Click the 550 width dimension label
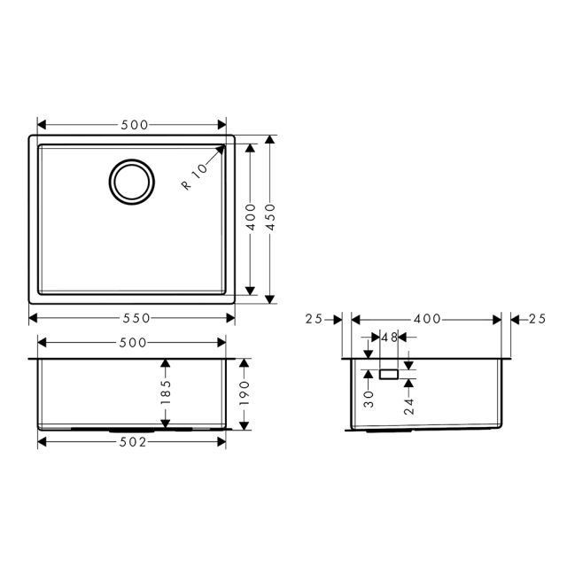[x=136, y=318]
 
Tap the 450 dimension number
[x=270, y=217]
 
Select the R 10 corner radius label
[x=195, y=176]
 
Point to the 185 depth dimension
[x=166, y=392]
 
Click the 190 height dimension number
[x=245, y=393]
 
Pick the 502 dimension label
[x=133, y=442]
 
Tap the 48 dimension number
[x=389, y=338]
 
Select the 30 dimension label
[x=369, y=399]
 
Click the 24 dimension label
[x=409, y=406]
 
